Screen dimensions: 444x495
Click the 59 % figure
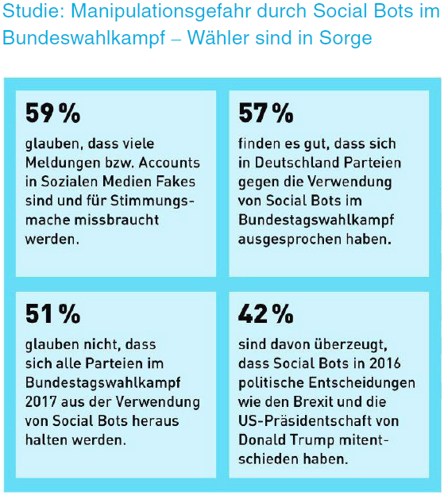click(x=52, y=113)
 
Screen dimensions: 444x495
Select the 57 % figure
click(x=266, y=113)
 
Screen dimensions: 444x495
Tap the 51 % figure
click(x=52, y=313)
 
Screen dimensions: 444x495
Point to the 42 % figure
click(x=266, y=313)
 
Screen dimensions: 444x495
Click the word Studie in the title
click(x=33, y=11)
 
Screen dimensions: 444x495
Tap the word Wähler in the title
click(x=219, y=38)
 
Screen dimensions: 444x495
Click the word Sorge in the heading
click(x=346, y=39)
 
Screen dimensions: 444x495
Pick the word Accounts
click(x=169, y=163)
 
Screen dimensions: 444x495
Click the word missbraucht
click(x=116, y=220)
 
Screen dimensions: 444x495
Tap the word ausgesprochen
click(x=289, y=240)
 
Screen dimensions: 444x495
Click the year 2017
click(x=41, y=402)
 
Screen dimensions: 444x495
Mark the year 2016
click(x=385, y=363)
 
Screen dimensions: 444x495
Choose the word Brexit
click(x=312, y=402)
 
